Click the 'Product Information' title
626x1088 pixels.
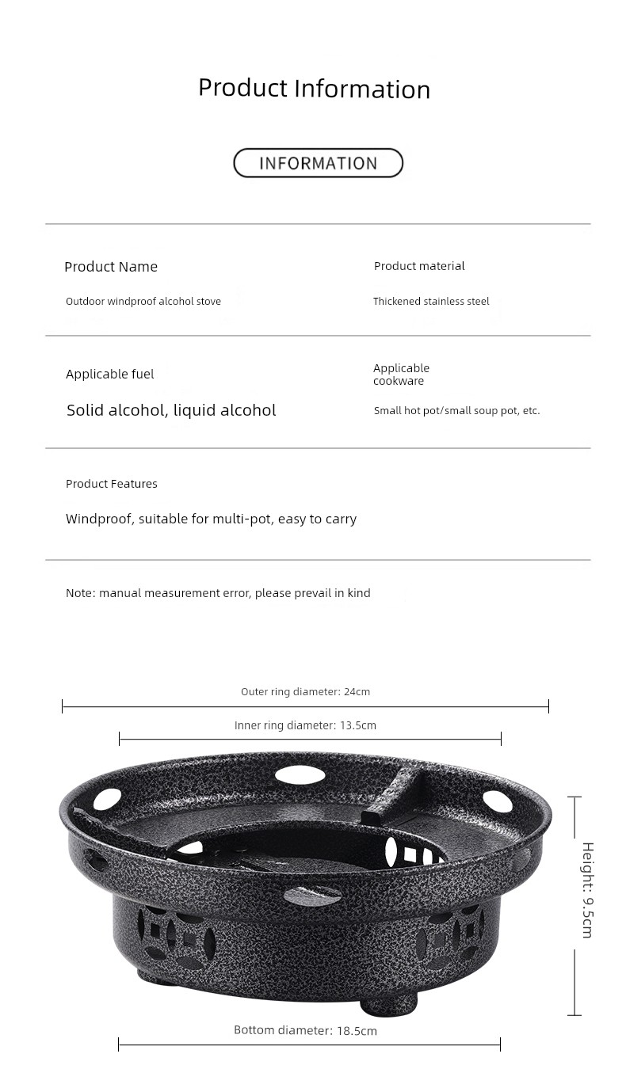pyautogui.click(x=314, y=88)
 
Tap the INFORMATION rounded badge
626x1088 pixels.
pyautogui.click(x=318, y=163)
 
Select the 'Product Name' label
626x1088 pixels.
pyautogui.click(x=111, y=267)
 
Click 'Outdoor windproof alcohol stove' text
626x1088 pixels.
pyautogui.click(x=143, y=301)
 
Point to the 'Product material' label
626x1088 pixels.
pyautogui.click(x=419, y=266)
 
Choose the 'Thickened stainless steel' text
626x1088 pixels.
pyautogui.click(x=431, y=301)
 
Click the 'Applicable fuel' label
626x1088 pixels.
pyautogui.click(x=110, y=374)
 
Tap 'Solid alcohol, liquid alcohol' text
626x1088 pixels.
pyautogui.click(x=171, y=410)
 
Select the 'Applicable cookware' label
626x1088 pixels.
pyautogui.click(x=401, y=375)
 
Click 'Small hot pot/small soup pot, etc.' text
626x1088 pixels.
pyautogui.click(x=456, y=411)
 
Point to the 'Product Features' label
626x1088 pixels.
pyautogui.click(x=112, y=484)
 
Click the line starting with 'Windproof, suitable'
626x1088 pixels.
pyautogui.click(x=211, y=519)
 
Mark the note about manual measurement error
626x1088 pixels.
pyautogui.click(x=218, y=593)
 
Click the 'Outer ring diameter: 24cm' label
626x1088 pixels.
pyautogui.click(x=305, y=691)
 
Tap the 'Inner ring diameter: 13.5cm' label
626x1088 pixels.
pyautogui.click(x=305, y=725)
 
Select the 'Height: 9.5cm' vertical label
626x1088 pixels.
pyautogui.click(x=587, y=889)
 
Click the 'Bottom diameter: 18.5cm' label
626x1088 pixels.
pyautogui.click(x=305, y=1030)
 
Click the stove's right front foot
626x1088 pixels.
pyautogui.click(x=387, y=1004)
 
